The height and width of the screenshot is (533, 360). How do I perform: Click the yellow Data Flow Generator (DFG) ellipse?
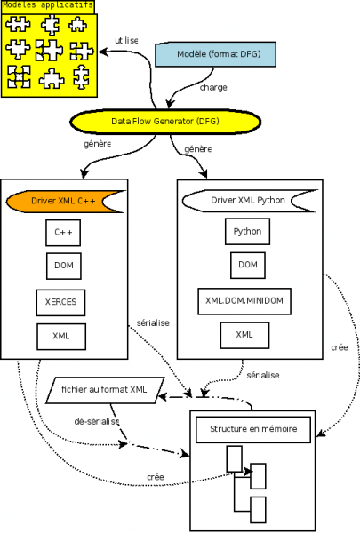click(164, 120)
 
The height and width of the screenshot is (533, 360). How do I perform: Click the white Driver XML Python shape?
click(247, 200)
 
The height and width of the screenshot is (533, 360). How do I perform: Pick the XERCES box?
click(60, 302)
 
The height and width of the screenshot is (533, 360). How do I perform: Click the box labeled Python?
click(247, 231)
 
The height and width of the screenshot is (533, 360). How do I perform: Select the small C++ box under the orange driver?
click(63, 233)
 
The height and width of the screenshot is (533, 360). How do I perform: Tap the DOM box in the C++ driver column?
click(63, 266)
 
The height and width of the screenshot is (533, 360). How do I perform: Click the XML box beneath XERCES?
click(60, 337)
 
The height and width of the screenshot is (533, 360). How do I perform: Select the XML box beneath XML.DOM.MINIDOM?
click(244, 336)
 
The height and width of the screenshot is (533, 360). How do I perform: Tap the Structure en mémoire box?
click(253, 431)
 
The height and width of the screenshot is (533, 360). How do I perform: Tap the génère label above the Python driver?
click(196, 150)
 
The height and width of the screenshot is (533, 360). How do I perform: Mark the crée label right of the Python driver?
click(339, 348)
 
